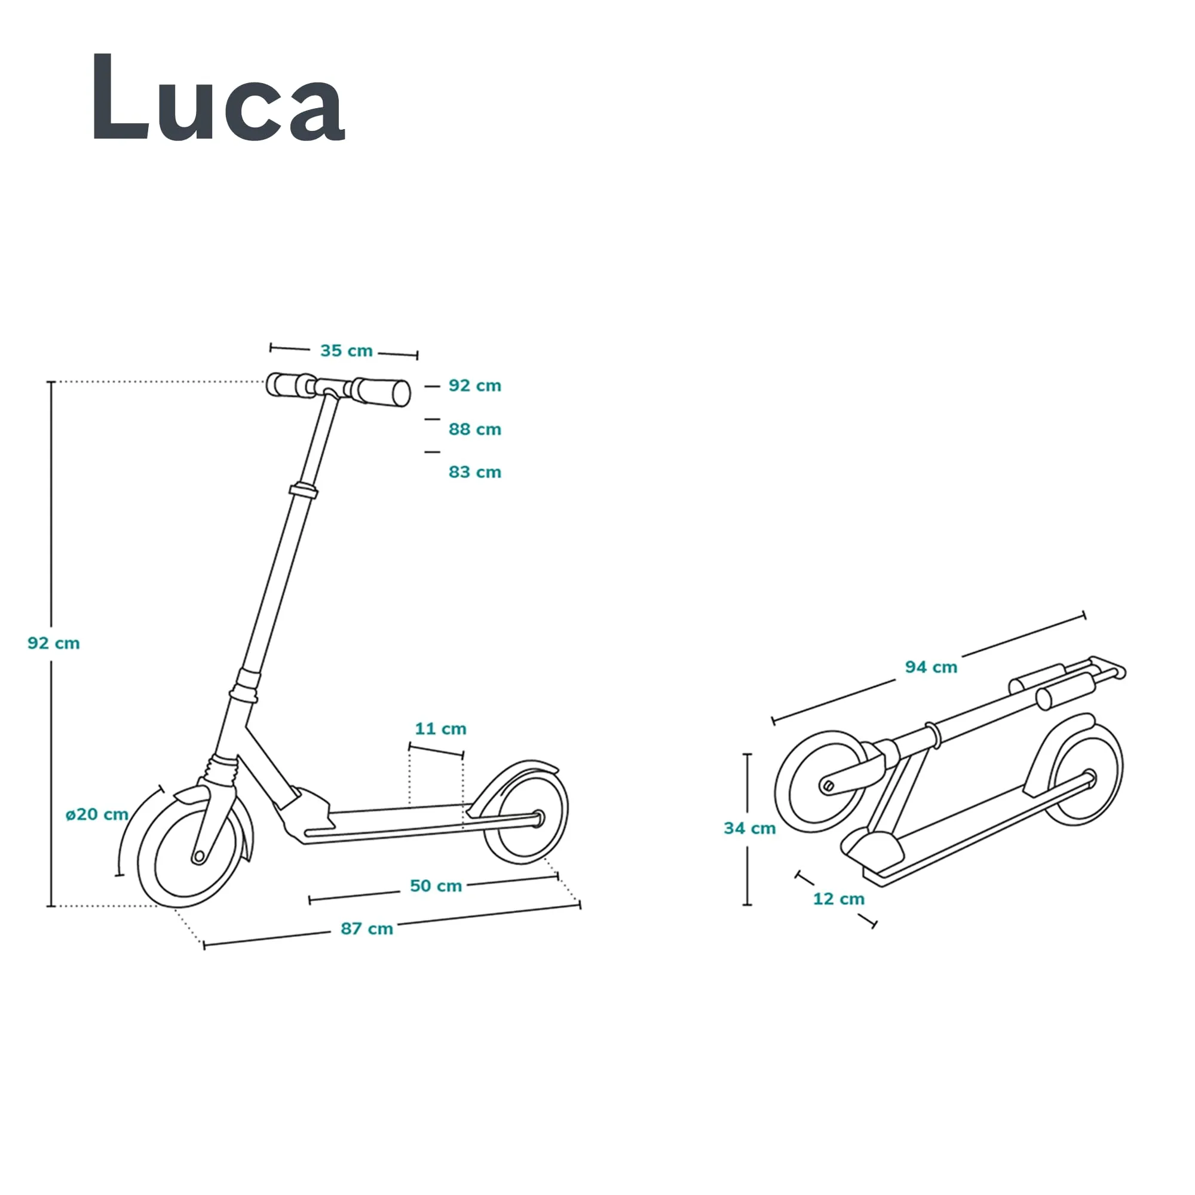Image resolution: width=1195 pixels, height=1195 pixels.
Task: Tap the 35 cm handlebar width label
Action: pyautogui.click(x=347, y=351)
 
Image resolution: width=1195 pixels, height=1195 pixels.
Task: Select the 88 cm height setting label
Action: pyautogui.click(x=474, y=429)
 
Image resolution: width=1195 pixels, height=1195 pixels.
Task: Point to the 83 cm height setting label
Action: pyautogui.click(x=474, y=472)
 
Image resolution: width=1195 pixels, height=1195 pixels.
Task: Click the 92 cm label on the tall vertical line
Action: pyautogui.click(x=54, y=644)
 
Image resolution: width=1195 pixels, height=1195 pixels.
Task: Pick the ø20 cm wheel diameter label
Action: pyautogui.click(x=97, y=814)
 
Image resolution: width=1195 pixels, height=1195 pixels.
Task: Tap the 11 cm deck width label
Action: pyautogui.click(x=440, y=728)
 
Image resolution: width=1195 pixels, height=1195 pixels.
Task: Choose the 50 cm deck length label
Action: pyautogui.click(x=436, y=885)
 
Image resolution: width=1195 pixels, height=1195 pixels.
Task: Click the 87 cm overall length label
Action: pyautogui.click(x=367, y=929)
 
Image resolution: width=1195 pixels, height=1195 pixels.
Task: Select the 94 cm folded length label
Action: pyautogui.click(x=931, y=667)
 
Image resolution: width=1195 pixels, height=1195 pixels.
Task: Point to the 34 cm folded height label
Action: pyautogui.click(x=750, y=828)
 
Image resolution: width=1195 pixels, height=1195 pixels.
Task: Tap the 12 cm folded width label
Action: pyautogui.click(x=838, y=899)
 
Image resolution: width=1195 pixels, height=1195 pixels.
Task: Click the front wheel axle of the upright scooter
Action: pyautogui.click(x=198, y=857)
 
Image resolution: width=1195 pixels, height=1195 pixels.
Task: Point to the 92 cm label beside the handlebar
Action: pyautogui.click(x=474, y=385)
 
